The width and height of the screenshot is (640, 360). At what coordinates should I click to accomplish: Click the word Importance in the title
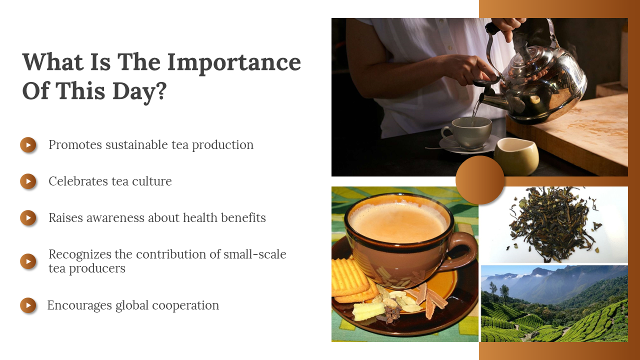tap(234, 63)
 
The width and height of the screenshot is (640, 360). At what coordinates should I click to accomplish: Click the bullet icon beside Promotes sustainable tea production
tap(28, 145)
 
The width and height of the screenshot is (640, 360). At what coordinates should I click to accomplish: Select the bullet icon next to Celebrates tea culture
tap(28, 181)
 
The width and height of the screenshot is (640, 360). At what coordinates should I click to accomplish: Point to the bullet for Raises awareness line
tap(28, 217)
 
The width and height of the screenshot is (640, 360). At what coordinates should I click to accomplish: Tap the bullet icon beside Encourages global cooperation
tap(28, 305)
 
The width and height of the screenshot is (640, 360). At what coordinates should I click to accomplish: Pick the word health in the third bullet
tap(200, 217)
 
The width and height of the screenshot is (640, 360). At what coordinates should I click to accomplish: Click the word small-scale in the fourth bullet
tap(255, 254)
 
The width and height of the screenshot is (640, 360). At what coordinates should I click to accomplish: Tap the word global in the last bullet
tap(132, 305)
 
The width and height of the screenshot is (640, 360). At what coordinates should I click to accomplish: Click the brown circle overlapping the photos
tap(479, 180)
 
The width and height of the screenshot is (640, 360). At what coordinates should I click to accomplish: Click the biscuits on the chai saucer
tap(353, 281)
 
